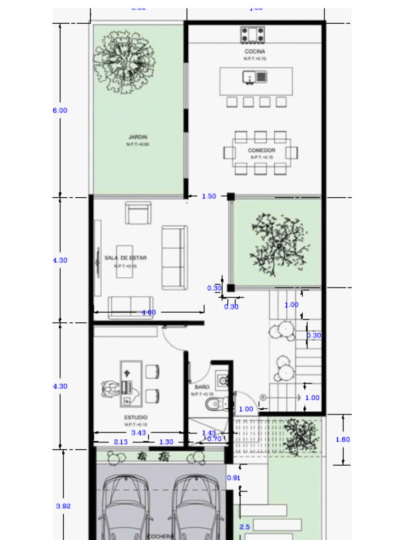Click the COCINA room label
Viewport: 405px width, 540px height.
255,52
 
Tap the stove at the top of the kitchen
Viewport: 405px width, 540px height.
253,35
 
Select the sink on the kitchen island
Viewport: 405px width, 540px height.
255,77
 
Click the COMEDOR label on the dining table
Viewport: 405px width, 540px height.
262,150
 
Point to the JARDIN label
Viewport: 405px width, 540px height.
138,137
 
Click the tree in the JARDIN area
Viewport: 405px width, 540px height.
124,62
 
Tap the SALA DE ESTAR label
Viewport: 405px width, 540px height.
126,258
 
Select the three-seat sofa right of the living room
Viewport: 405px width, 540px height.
175,257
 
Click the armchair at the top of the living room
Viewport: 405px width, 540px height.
138,213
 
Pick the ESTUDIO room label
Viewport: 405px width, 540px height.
136,418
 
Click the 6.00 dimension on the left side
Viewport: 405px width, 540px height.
60,111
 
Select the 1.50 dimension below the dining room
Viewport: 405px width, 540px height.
209,196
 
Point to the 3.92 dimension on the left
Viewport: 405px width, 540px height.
63,506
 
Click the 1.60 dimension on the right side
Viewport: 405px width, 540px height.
343,439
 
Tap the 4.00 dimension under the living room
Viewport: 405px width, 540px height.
149,313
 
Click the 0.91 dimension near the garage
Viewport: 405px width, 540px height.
233,478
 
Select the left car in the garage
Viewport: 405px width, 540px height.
125,506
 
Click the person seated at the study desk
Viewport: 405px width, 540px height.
111,389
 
